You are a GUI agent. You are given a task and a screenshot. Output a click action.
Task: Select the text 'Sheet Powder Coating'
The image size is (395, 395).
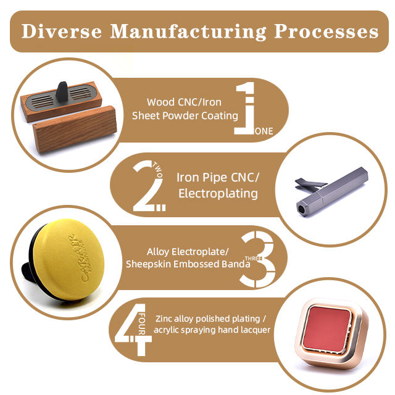(x=185, y=115)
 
